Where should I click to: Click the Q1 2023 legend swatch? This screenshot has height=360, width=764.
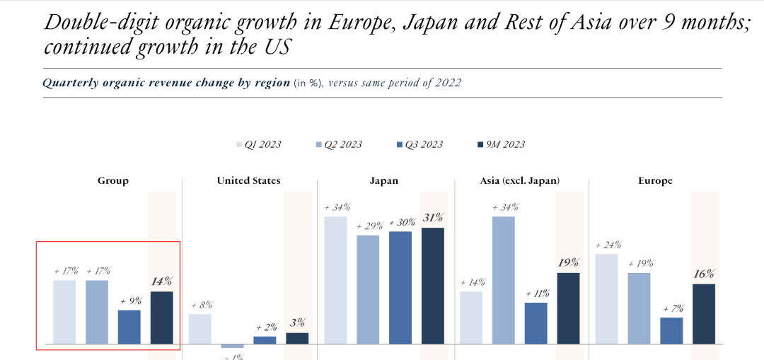pos(239,145)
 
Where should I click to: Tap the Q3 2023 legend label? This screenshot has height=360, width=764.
pos(423,145)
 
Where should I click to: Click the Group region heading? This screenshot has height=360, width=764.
pos(113,181)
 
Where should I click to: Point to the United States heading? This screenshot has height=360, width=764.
pos(248,181)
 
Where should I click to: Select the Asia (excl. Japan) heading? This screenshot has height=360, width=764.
pos(520,181)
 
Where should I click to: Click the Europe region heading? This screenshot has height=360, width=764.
pos(655,181)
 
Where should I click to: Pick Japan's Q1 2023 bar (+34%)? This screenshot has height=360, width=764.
pos(336,280)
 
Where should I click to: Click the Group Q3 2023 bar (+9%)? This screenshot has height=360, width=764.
pos(129,327)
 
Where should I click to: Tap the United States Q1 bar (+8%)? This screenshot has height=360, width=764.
pos(200,329)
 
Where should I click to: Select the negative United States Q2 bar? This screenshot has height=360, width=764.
pos(232,346)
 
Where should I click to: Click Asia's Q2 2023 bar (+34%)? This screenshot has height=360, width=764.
pos(503,280)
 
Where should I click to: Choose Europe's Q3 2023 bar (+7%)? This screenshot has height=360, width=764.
pos(672,330)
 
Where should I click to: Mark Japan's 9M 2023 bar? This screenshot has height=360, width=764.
pos(433,286)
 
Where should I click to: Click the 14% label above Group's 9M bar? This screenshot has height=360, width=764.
pos(162,281)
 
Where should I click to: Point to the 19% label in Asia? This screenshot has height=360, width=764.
pos(568,263)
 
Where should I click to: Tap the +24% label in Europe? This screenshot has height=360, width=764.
pos(608,245)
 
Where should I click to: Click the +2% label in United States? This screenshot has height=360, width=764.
pos(265,327)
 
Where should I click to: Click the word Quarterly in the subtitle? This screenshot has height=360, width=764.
pos(68,83)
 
